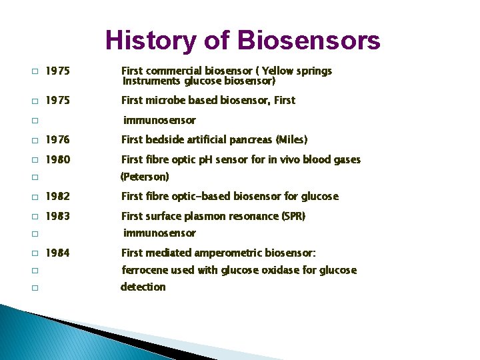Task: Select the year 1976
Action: point(57,140)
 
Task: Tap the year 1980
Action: point(57,159)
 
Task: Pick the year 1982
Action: point(57,196)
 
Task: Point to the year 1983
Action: point(57,216)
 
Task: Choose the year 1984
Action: point(57,253)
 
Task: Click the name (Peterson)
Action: point(145,177)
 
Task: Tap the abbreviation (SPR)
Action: point(289,216)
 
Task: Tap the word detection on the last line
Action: point(143,287)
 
